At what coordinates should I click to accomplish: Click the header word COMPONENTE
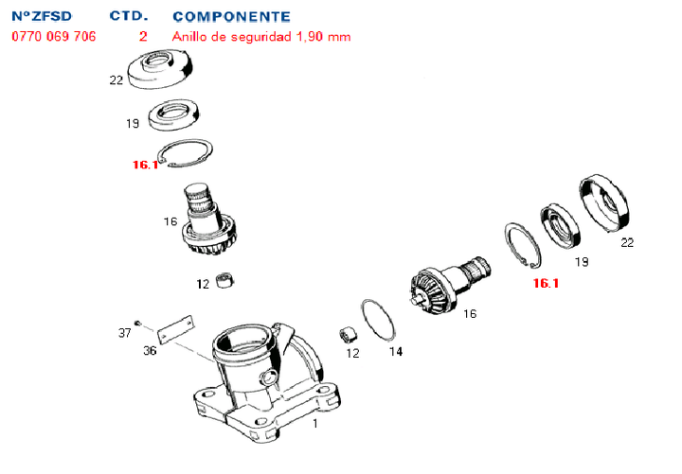click(231, 17)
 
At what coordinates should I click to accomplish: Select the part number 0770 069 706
click(53, 37)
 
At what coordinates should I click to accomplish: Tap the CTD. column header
click(129, 17)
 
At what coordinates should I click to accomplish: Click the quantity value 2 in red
click(143, 37)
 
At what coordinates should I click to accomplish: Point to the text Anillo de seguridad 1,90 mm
click(261, 37)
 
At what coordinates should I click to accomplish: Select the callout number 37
click(124, 333)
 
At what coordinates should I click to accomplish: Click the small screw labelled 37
click(138, 324)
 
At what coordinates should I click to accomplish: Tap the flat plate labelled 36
click(175, 330)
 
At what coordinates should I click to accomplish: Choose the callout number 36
click(150, 351)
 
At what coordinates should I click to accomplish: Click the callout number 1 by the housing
click(315, 425)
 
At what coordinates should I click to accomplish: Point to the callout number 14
click(395, 352)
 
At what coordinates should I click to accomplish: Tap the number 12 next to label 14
click(352, 353)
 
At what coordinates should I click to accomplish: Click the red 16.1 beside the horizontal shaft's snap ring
click(546, 282)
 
